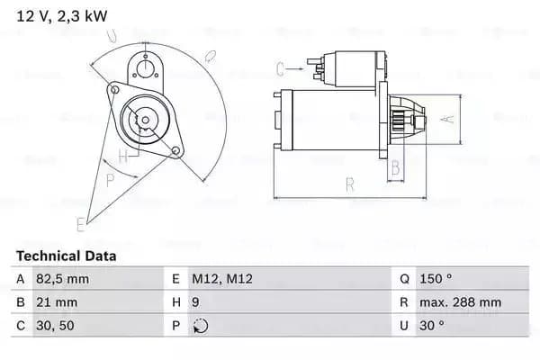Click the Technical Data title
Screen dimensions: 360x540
coord(67,256)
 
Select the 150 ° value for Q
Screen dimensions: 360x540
coord(436,279)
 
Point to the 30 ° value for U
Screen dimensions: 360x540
coord(432,326)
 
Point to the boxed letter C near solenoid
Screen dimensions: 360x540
coord(280,68)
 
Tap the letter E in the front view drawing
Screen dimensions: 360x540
coord(82,222)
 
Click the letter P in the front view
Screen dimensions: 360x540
coord(111,179)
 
